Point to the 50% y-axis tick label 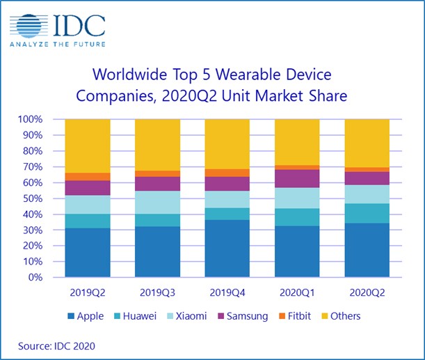46,198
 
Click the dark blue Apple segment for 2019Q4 227,249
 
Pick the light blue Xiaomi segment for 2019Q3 157,203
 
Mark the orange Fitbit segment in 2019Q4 227,173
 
